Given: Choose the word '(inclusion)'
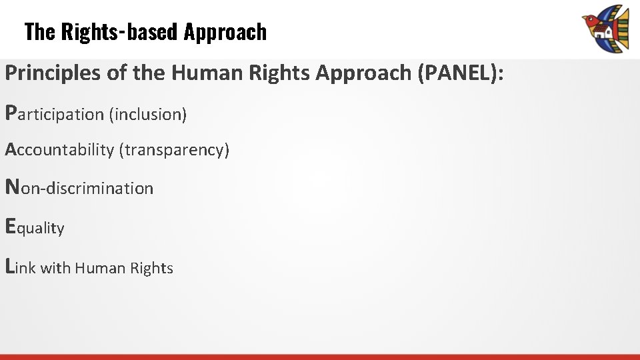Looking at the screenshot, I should [x=148, y=115].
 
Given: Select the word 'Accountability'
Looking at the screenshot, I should [x=59, y=150].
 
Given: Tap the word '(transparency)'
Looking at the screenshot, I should [x=174, y=150].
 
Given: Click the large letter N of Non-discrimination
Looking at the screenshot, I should [x=12, y=187].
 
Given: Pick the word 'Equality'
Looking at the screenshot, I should [x=35, y=228].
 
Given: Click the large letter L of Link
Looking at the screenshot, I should [x=10, y=266].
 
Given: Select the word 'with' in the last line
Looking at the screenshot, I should [x=55, y=268].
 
